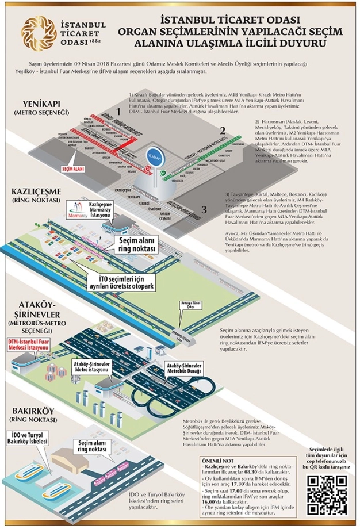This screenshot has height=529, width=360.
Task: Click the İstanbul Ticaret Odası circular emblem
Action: (36, 31)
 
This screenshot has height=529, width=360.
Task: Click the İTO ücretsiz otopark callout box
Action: (128, 282)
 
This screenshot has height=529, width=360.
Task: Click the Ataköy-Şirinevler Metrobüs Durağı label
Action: (183, 368)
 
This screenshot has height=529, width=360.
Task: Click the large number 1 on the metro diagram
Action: (119, 110)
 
